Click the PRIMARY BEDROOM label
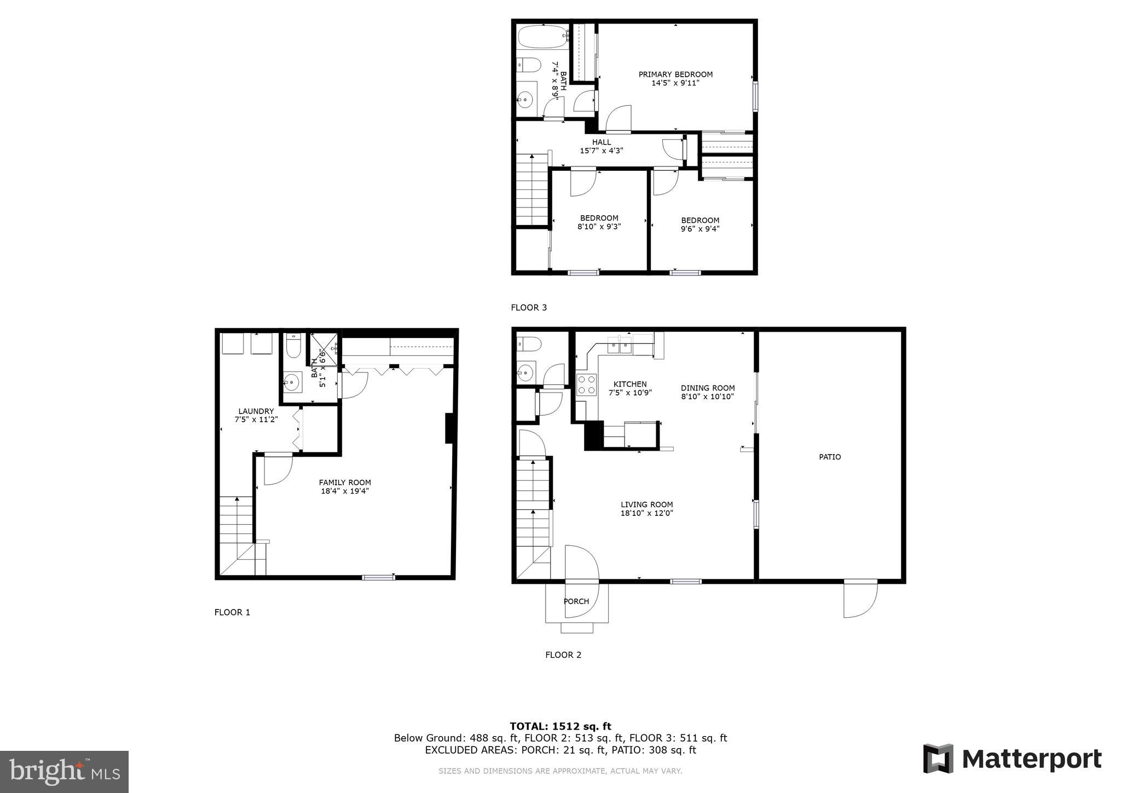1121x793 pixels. pos(675,74)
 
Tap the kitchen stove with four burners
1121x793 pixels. pos(587,384)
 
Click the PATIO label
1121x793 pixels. pos(830,457)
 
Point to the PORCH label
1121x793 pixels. pos(576,601)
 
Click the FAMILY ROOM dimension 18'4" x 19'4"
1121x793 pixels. pos(345,491)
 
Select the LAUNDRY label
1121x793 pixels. pos(256,411)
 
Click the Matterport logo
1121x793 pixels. pos(1013,759)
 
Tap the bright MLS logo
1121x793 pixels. pos(64,772)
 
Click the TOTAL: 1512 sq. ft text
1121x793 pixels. pos(560,726)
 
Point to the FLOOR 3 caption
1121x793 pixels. pos(529,308)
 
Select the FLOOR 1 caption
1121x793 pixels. pos(232,612)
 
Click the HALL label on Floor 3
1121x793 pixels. pos(602,142)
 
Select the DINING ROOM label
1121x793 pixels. pos(708,388)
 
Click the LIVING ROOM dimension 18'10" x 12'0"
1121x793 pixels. pos(646,513)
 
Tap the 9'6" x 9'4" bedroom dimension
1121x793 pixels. pos(700,229)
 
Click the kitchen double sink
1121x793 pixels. pos(620,346)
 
